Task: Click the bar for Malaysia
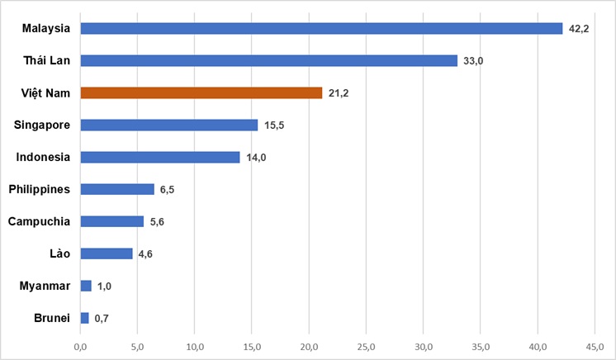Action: point(321,28)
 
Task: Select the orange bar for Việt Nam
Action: point(201,92)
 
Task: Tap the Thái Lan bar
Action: point(268,60)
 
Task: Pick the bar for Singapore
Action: point(169,125)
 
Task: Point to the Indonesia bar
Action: point(160,157)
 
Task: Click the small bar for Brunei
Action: point(84,318)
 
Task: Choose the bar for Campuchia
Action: point(112,221)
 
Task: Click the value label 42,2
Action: point(579,29)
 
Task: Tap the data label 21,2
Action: point(339,93)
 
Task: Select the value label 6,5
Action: point(166,190)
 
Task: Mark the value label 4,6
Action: point(145,254)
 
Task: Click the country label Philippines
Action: point(39,189)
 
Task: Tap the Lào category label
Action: point(59,253)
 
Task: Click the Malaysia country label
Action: point(46,28)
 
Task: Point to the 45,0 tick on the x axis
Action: point(595,347)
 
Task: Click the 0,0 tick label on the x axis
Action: point(81,347)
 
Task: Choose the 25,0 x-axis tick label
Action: point(367,347)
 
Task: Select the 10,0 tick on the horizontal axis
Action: point(195,347)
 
